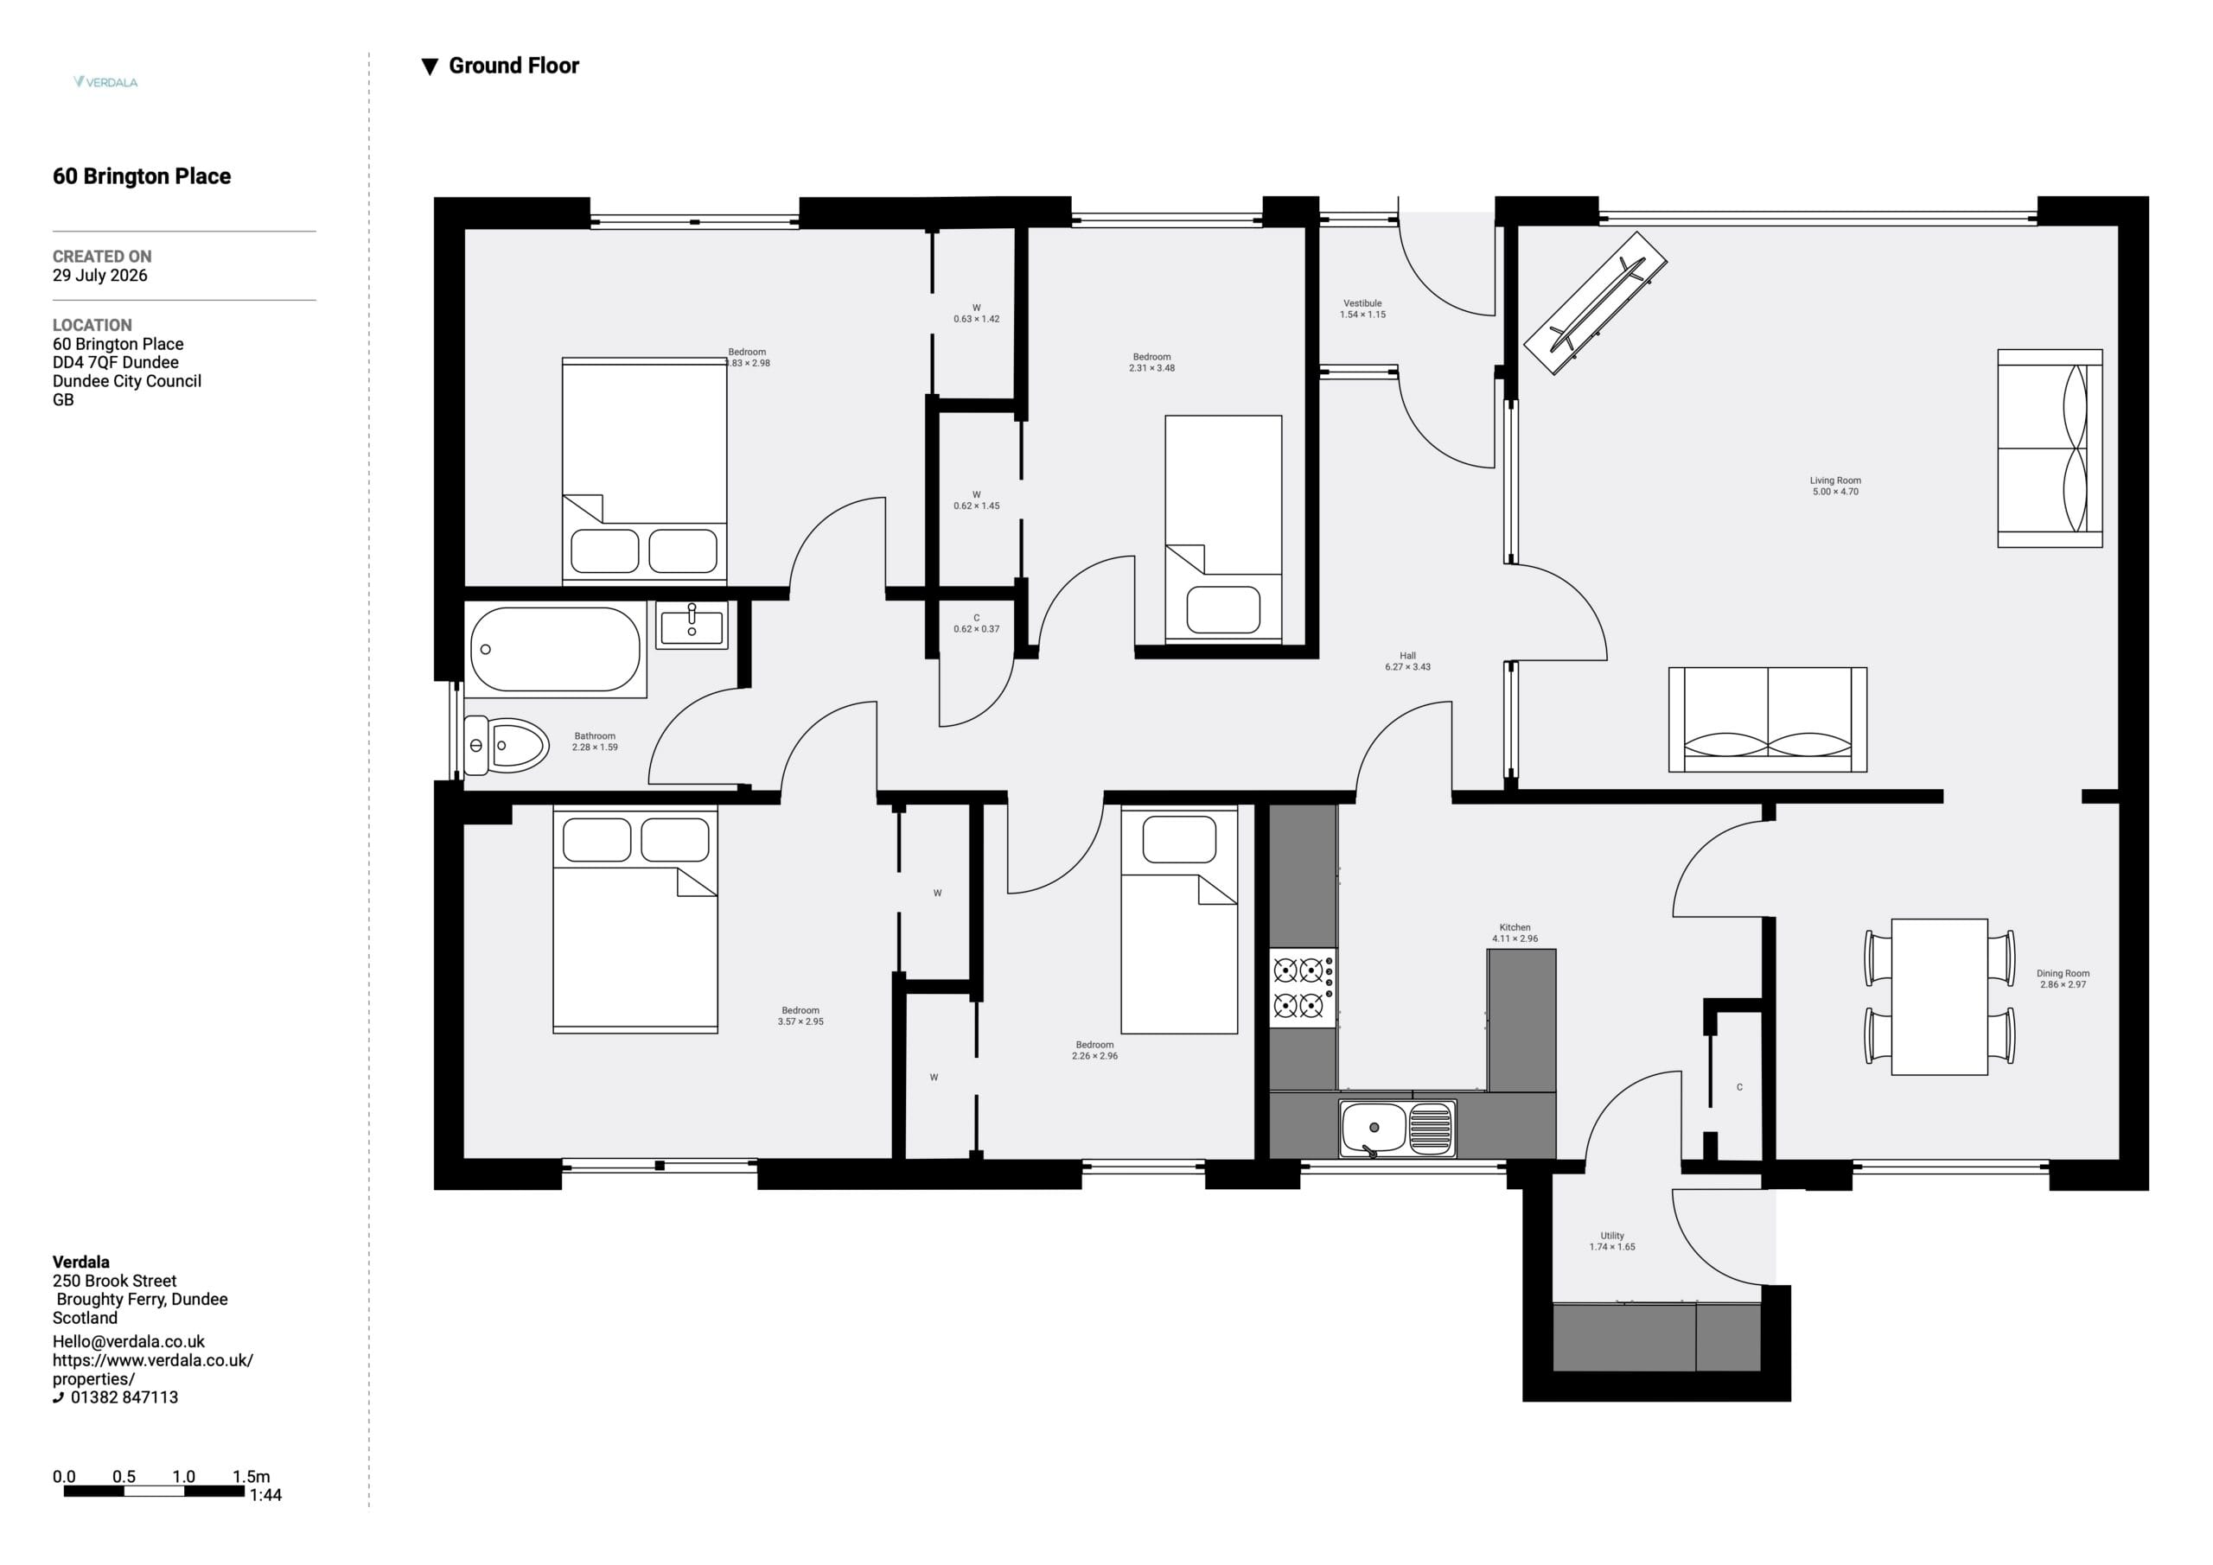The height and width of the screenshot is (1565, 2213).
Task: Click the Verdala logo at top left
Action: click(x=105, y=82)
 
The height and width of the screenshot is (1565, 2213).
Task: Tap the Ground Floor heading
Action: click(x=501, y=66)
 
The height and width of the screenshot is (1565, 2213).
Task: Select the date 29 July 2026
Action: click(x=100, y=276)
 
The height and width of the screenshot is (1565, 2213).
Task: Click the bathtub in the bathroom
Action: click(x=555, y=650)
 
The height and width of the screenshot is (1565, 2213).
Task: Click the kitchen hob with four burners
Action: click(x=1302, y=988)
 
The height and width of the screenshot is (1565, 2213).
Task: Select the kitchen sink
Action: click(x=1398, y=1129)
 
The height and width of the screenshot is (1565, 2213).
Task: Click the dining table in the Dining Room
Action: click(x=1939, y=996)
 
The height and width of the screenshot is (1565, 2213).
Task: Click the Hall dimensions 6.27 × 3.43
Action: click(x=1408, y=667)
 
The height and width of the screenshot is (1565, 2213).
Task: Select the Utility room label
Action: click(x=1612, y=1236)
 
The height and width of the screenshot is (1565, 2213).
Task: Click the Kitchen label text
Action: click(x=1515, y=927)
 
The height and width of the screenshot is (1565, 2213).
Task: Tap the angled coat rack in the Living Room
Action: click(x=1595, y=302)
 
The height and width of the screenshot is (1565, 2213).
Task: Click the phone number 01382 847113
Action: click(x=124, y=1397)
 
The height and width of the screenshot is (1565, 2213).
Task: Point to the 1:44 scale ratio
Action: click(x=265, y=1495)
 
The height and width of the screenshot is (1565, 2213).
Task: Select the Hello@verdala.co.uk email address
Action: click(x=129, y=1341)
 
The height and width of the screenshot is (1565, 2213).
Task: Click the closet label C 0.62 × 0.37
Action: click(x=976, y=624)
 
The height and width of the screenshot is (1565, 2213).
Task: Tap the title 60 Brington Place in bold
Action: click(x=142, y=176)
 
